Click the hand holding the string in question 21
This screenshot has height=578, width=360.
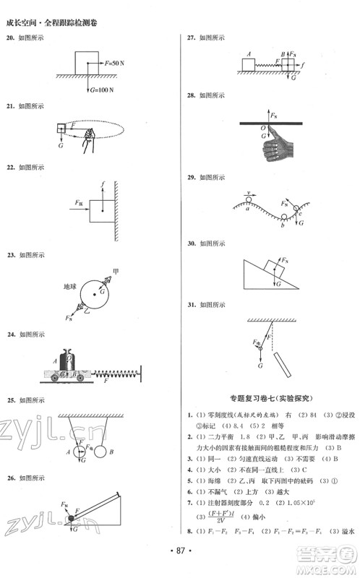(x=88, y=139)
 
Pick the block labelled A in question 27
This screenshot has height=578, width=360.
(x=249, y=65)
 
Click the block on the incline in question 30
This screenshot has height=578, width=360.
(x=275, y=267)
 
